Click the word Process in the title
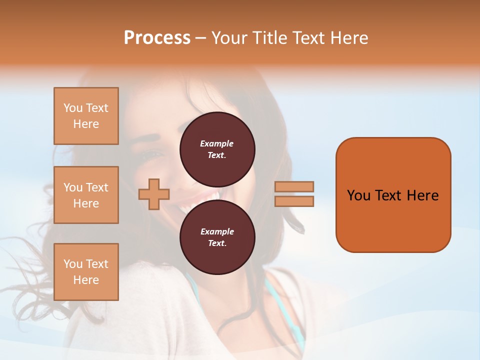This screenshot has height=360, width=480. coord(157,38)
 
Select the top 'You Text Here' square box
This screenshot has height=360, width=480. coord(86,116)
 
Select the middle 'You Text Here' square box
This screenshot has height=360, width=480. coord(86,195)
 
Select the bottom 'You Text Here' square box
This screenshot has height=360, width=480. coord(86,272)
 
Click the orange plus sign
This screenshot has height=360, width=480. coord(154,194)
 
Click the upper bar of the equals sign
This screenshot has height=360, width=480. coord(294,186)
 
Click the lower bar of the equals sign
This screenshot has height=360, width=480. coord(294,201)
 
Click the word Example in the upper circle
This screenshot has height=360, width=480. coord(217,143)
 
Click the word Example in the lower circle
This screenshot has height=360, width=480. coord(217,231)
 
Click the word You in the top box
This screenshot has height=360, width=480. coord(72,108)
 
